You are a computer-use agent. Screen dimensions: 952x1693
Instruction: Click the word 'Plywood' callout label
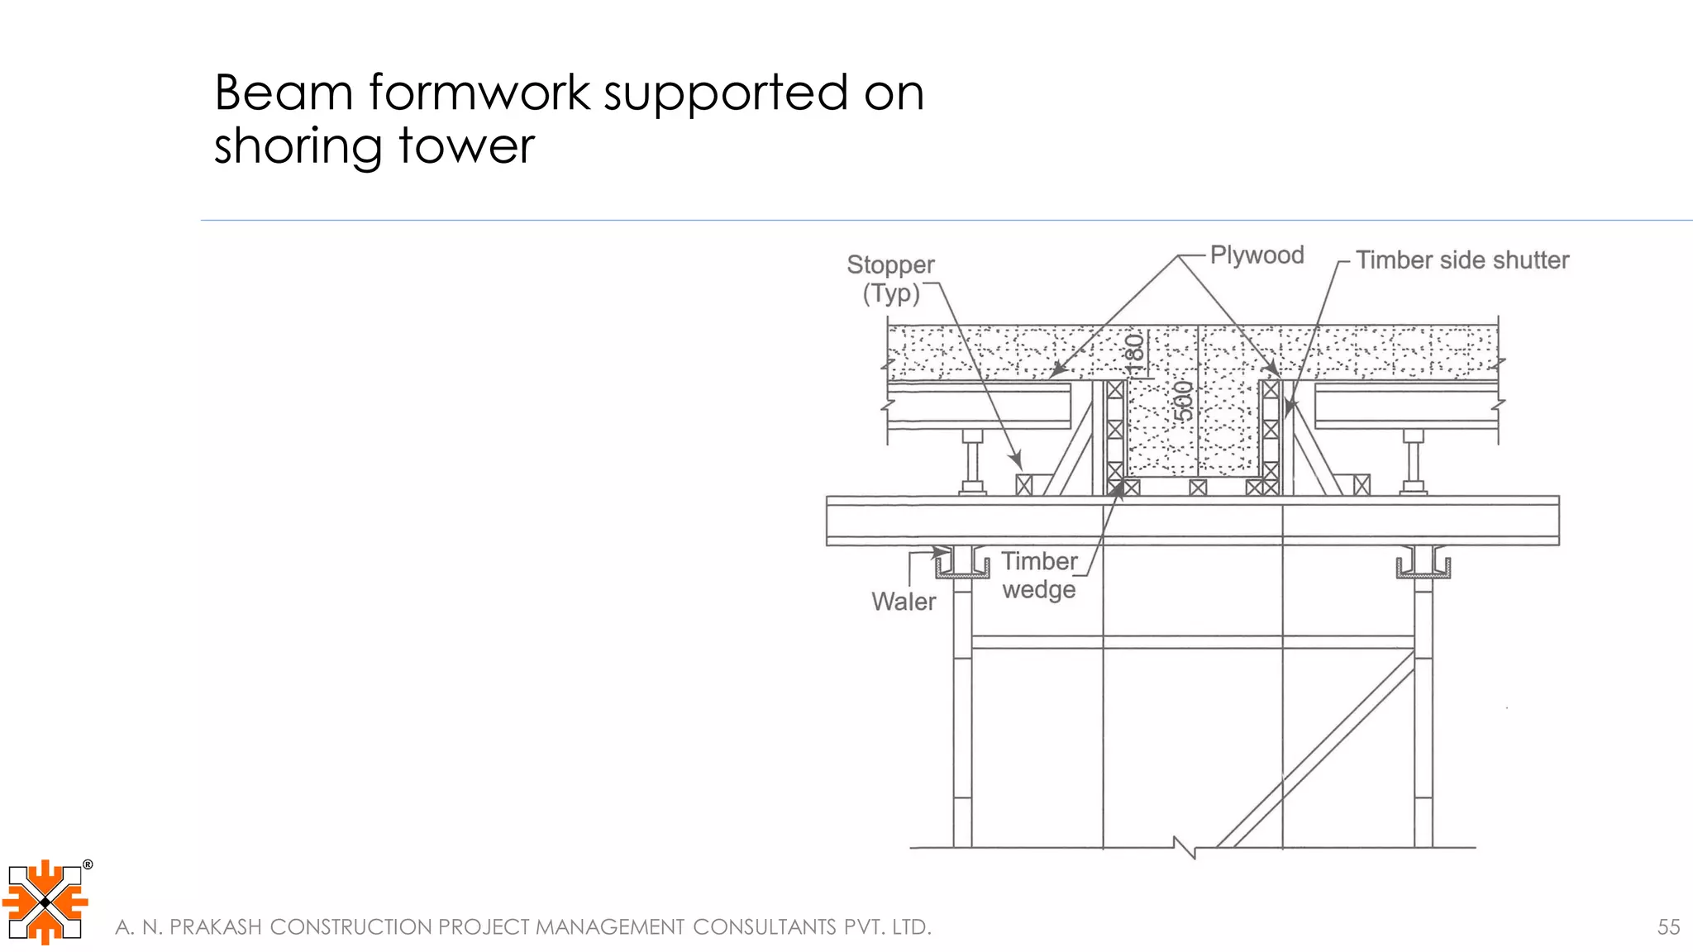pyautogui.click(x=1257, y=255)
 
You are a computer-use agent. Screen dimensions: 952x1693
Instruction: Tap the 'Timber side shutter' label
pyautogui.click(x=1462, y=260)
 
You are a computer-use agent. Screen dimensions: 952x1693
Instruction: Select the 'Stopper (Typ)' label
pyautogui.click(x=890, y=278)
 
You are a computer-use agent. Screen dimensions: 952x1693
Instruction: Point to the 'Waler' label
pyautogui.click(x=904, y=602)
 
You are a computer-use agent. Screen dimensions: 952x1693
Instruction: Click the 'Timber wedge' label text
pyautogui.click(x=1039, y=575)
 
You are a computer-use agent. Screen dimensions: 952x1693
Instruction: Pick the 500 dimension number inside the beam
pyautogui.click(x=1184, y=401)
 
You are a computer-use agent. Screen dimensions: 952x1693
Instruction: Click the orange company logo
pyautogui.click(x=45, y=902)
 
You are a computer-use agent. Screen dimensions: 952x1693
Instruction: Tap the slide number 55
pyautogui.click(x=1668, y=927)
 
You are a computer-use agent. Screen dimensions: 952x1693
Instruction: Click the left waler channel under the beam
pyautogui.click(x=962, y=565)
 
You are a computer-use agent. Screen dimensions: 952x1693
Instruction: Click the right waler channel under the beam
pyautogui.click(x=1423, y=565)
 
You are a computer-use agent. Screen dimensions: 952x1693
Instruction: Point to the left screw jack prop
pyautogui.click(x=972, y=463)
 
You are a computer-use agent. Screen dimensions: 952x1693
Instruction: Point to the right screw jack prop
pyautogui.click(x=1413, y=463)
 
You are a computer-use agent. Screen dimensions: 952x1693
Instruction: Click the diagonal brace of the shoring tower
pyautogui.click(x=1314, y=752)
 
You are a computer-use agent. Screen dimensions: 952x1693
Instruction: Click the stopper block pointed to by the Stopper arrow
pyautogui.click(x=1024, y=484)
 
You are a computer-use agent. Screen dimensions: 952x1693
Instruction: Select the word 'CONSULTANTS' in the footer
pyautogui.click(x=764, y=927)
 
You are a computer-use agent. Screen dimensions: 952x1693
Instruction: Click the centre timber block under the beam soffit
pyautogui.click(x=1198, y=488)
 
